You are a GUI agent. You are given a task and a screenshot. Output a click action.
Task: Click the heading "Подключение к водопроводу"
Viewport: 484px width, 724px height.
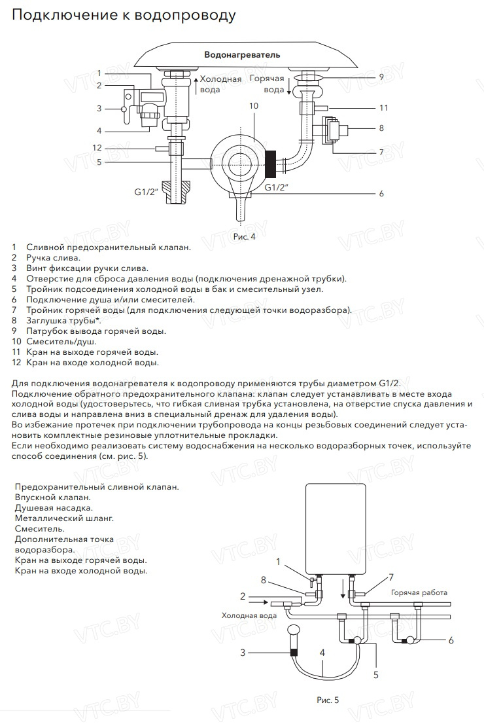(124, 15)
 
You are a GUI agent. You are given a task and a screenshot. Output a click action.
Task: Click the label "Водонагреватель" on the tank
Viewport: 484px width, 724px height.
(242, 54)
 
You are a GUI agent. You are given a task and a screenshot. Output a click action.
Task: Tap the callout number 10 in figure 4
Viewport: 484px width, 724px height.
(254, 105)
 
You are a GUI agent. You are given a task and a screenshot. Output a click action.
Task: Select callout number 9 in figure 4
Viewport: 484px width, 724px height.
(381, 77)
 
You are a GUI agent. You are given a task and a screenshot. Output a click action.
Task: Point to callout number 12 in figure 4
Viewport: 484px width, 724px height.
(97, 147)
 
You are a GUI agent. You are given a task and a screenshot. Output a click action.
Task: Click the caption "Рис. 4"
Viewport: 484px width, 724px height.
(244, 236)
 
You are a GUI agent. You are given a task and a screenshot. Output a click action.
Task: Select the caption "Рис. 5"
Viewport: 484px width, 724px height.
(328, 700)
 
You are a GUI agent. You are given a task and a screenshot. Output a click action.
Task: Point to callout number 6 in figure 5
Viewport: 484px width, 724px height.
(451, 640)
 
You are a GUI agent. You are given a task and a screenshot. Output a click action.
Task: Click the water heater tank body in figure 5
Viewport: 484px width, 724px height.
(335, 524)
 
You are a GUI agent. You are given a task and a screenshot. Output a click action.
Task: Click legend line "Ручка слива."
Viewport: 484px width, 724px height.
(53, 258)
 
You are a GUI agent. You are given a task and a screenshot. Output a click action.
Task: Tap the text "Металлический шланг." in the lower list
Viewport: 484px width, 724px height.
(64, 518)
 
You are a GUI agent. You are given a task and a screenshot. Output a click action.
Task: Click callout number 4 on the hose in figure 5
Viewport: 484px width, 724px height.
(322, 653)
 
